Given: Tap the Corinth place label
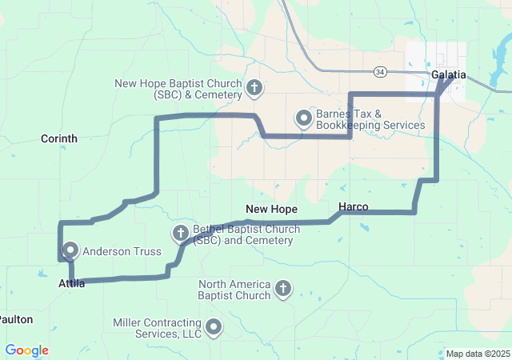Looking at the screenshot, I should click(59, 138).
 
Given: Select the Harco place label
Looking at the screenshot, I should click(353, 207).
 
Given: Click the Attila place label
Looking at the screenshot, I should click(72, 283).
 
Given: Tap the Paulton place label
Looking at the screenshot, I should click(16, 319).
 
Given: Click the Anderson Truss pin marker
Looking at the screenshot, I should click(70, 250).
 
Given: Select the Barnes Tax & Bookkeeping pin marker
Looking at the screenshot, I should click(304, 118).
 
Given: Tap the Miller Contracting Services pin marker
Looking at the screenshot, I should click(214, 326).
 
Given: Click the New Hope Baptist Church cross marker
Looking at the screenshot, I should click(254, 87).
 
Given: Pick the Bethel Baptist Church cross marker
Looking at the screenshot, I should click(181, 233).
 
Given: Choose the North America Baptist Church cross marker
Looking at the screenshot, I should click(282, 288).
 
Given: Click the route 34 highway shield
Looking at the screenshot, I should click(380, 71).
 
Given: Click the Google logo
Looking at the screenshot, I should click(26, 350).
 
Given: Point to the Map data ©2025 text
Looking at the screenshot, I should click(477, 354).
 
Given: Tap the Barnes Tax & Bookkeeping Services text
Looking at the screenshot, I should click(370, 120).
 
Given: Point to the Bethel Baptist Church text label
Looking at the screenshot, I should click(246, 234).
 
